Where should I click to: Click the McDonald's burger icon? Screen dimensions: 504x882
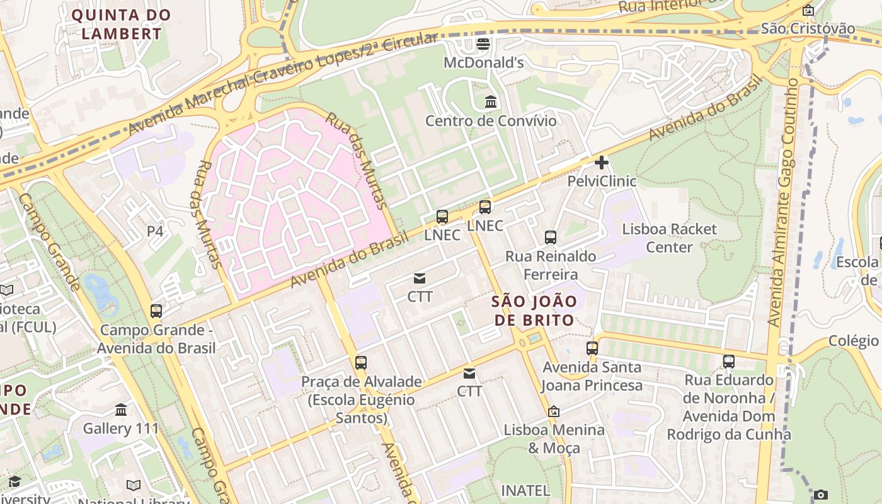[x=483, y=44]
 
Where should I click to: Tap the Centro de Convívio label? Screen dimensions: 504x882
[x=491, y=120]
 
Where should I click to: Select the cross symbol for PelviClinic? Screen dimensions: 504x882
[x=602, y=163]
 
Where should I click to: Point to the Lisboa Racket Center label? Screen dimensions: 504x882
[x=669, y=238]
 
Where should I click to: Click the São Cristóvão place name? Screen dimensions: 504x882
[x=808, y=28]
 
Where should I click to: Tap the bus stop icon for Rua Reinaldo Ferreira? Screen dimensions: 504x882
[x=551, y=238]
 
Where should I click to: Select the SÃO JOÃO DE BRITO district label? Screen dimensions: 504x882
[x=534, y=311]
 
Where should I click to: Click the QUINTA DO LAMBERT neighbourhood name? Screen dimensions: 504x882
[x=121, y=24]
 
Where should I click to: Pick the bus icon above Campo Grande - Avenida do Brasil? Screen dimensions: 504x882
[x=156, y=311]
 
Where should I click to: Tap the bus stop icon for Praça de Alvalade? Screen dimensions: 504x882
[x=360, y=363]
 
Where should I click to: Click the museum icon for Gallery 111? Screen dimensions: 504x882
[x=121, y=410]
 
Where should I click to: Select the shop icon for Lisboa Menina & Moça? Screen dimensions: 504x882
[x=553, y=411]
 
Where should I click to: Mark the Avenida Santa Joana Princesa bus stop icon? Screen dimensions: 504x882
[x=592, y=348]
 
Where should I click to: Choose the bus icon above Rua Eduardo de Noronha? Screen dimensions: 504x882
[x=729, y=362]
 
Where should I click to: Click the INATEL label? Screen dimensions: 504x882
[x=525, y=490]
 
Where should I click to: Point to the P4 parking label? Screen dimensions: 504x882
[x=155, y=231]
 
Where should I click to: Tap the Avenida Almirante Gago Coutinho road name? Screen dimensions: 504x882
[x=783, y=202]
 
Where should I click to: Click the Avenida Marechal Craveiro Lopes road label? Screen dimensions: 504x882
[x=283, y=85]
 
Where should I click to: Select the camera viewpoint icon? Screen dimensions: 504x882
[x=820, y=495]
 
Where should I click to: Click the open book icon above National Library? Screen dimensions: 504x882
[x=134, y=485]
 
